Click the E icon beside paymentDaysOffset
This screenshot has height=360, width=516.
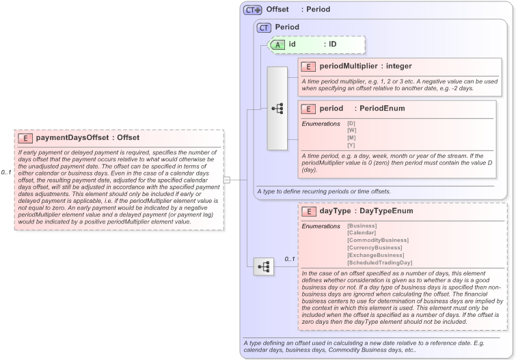[x=27, y=137]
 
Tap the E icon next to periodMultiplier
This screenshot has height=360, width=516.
[x=309, y=66]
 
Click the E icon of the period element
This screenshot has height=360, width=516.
[x=309, y=109]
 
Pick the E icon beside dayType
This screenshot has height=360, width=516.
[x=309, y=211]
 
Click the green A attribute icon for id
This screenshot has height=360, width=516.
[x=278, y=44]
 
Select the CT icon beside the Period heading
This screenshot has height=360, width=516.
[x=263, y=27]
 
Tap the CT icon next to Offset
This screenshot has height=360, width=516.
[x=253, y=10]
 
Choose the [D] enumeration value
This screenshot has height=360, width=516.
[x=351, y=123]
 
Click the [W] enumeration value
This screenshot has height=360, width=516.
[x=352, y=130]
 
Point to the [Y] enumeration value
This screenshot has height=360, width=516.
[x=351, y=145]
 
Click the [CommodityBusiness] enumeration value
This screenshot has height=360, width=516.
[x=378, y=240]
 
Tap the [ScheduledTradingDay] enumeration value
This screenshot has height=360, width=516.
[x=380, y=262]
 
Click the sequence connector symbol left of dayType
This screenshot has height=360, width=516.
[x=264, y=266]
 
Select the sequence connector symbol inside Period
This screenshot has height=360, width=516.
[x=277, y=108]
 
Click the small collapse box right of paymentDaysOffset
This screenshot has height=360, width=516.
[x=227, y=180]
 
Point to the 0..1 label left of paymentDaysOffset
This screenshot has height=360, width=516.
[x=6, y=172]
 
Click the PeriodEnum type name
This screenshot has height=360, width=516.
[x=381, y=109]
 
